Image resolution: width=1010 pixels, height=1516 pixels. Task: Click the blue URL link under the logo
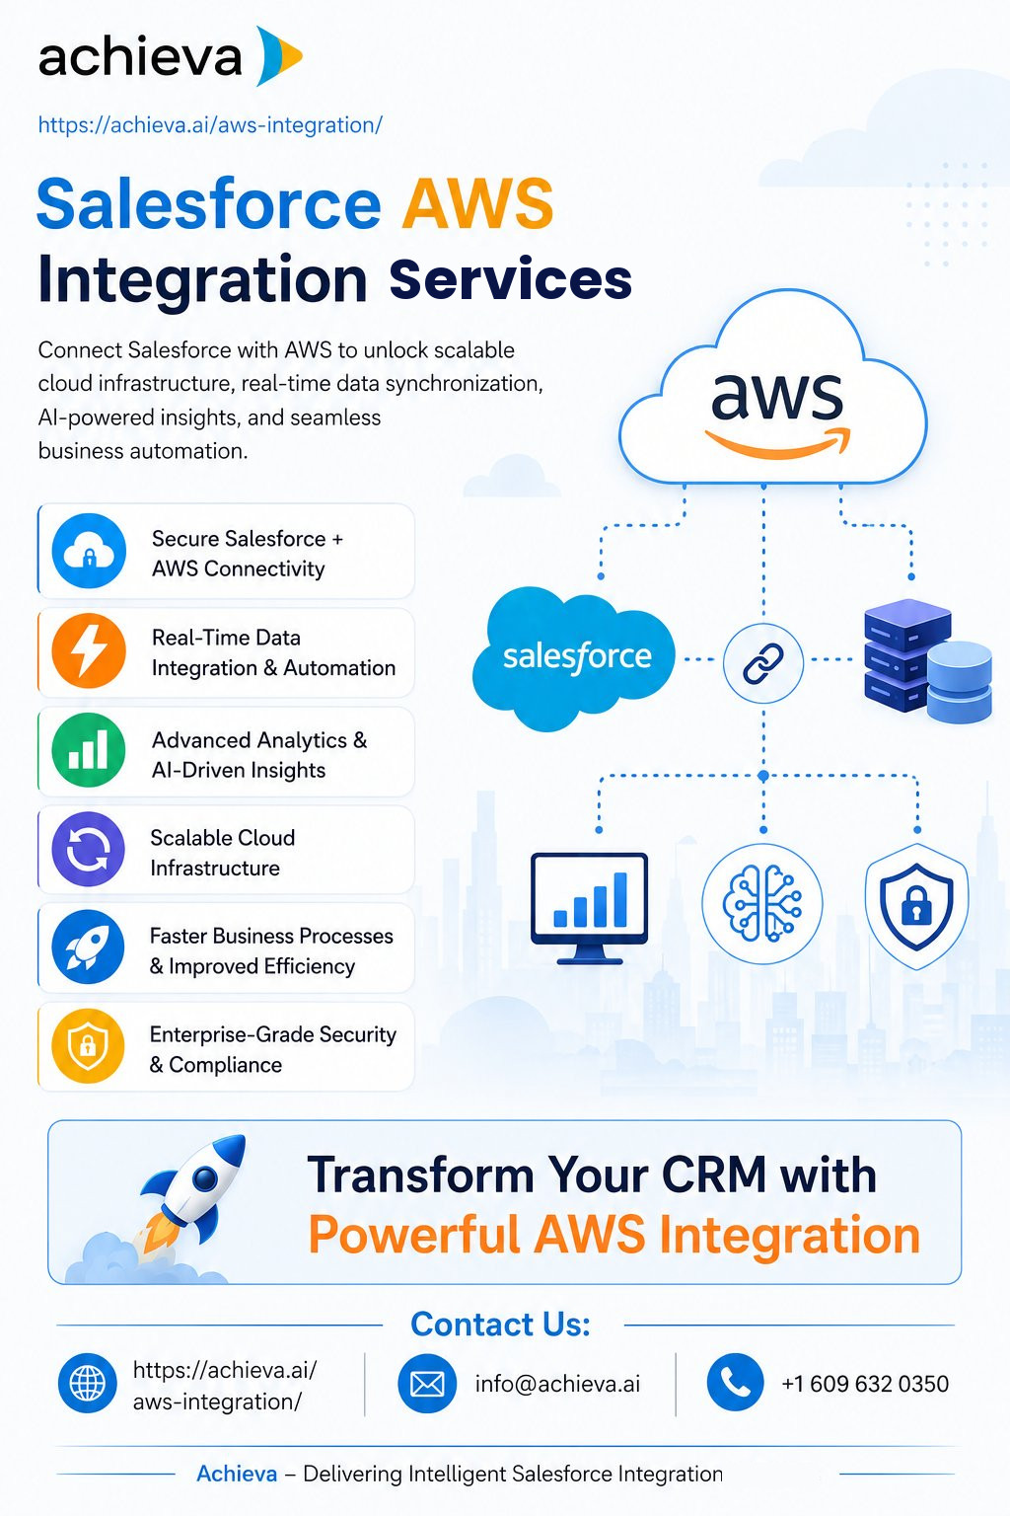(210, 125)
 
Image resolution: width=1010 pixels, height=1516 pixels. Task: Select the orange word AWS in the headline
(478, 204)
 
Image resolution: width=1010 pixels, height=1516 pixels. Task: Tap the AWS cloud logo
(772, 390)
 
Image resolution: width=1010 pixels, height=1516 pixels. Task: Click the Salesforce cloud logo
(574, 657)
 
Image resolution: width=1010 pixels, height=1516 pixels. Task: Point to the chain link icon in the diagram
(763, 662)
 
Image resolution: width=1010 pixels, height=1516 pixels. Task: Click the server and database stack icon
(927, 660)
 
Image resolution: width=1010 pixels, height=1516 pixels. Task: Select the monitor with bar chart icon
(589, 908)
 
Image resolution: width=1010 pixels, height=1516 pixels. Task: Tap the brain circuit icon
(762, 903)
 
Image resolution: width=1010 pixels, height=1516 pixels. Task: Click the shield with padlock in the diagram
(916, 906)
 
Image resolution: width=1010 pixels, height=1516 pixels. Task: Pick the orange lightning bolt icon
(89, 650)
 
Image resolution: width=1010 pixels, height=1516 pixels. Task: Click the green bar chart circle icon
(89, 750)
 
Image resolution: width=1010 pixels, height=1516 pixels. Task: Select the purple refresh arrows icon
(88, 849)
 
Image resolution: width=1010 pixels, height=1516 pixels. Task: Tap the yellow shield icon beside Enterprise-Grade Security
(88, 1045)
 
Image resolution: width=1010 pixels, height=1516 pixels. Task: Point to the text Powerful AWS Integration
(614, 1235)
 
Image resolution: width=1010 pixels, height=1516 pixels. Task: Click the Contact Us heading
(501, 1324)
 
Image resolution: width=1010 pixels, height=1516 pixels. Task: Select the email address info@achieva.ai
(557, 1384)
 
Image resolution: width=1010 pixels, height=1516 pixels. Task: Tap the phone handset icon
(736, 1382)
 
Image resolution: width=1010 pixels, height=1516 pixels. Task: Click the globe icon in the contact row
(87, 1383)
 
